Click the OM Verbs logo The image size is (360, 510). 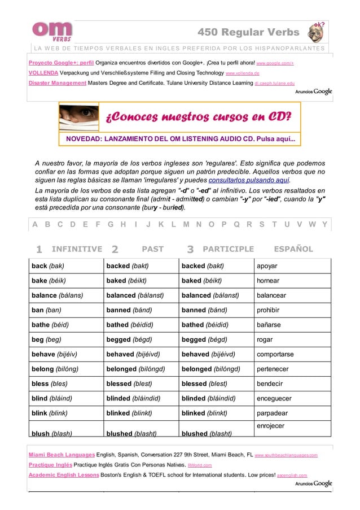pyautogui.click(x=52, y=30)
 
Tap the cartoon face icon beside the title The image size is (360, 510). pyautogui.click(x=317, y=32)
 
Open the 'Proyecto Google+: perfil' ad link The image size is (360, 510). pyautogui.click(x=61, y=63)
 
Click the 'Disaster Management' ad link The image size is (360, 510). pyautogui.click(x=57, y=83)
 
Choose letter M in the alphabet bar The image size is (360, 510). pyautogui.click(x=186, y=224)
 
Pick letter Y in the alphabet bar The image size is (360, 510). pyautogui.click(x=324, y=224)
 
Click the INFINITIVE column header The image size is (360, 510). pyautogui.click(x=76, y=249)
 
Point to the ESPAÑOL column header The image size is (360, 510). pyautogui.click(x=293, y=249)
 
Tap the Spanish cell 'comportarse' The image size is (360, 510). pyautogui.click(x=275, y=354)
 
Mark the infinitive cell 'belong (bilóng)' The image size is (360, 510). pyautogui.click(x=55, y=369)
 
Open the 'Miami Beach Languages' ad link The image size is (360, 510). pyautogui.click(x=62, y=455)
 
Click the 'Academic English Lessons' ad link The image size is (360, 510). pyautogui.click(x=63, y=475)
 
